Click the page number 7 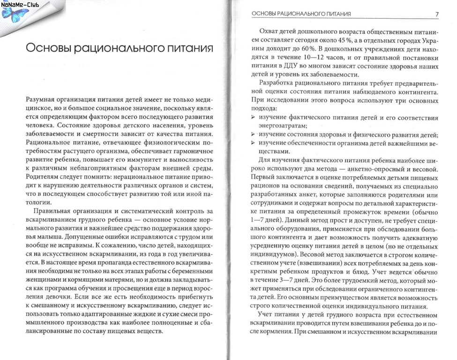(x=436, y=14)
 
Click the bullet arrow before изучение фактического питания (x=255, y=117)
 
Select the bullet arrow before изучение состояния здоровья (x=255, y=135)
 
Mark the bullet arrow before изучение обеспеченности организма (x=255, y=143)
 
